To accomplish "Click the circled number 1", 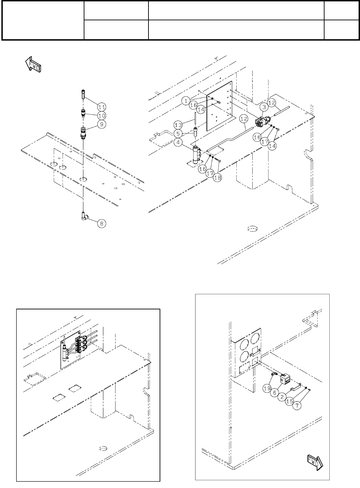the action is (186, 101).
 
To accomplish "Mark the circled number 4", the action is (178, 143).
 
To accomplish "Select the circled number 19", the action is (267, 388).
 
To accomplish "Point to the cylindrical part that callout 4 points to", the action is (197, 156).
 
